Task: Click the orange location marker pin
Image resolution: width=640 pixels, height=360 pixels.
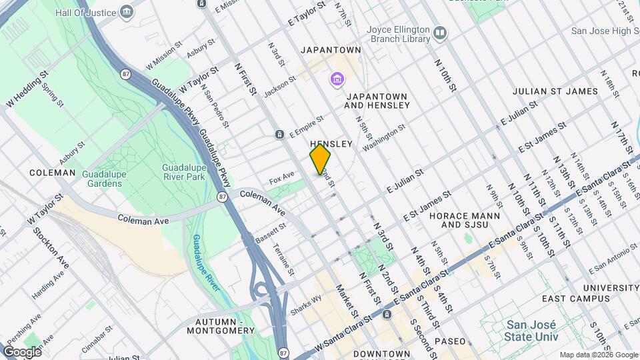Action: pos(320,159)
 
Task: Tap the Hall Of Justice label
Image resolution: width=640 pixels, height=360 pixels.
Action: pos(86,12)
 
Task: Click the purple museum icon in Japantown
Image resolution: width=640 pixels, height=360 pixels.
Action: pos(337,81)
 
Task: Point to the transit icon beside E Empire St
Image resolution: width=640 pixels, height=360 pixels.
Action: pos(279,135)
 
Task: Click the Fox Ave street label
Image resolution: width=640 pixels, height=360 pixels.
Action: pos(281,178)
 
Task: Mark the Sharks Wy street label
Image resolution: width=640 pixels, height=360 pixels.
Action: pos(305,305)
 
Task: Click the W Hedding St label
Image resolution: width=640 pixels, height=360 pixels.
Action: pos(29,91)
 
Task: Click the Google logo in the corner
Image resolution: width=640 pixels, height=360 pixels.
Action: pos(22,351)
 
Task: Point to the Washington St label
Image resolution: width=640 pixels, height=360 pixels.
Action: pos(383,137)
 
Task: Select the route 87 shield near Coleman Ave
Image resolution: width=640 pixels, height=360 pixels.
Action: pos(221,197)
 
